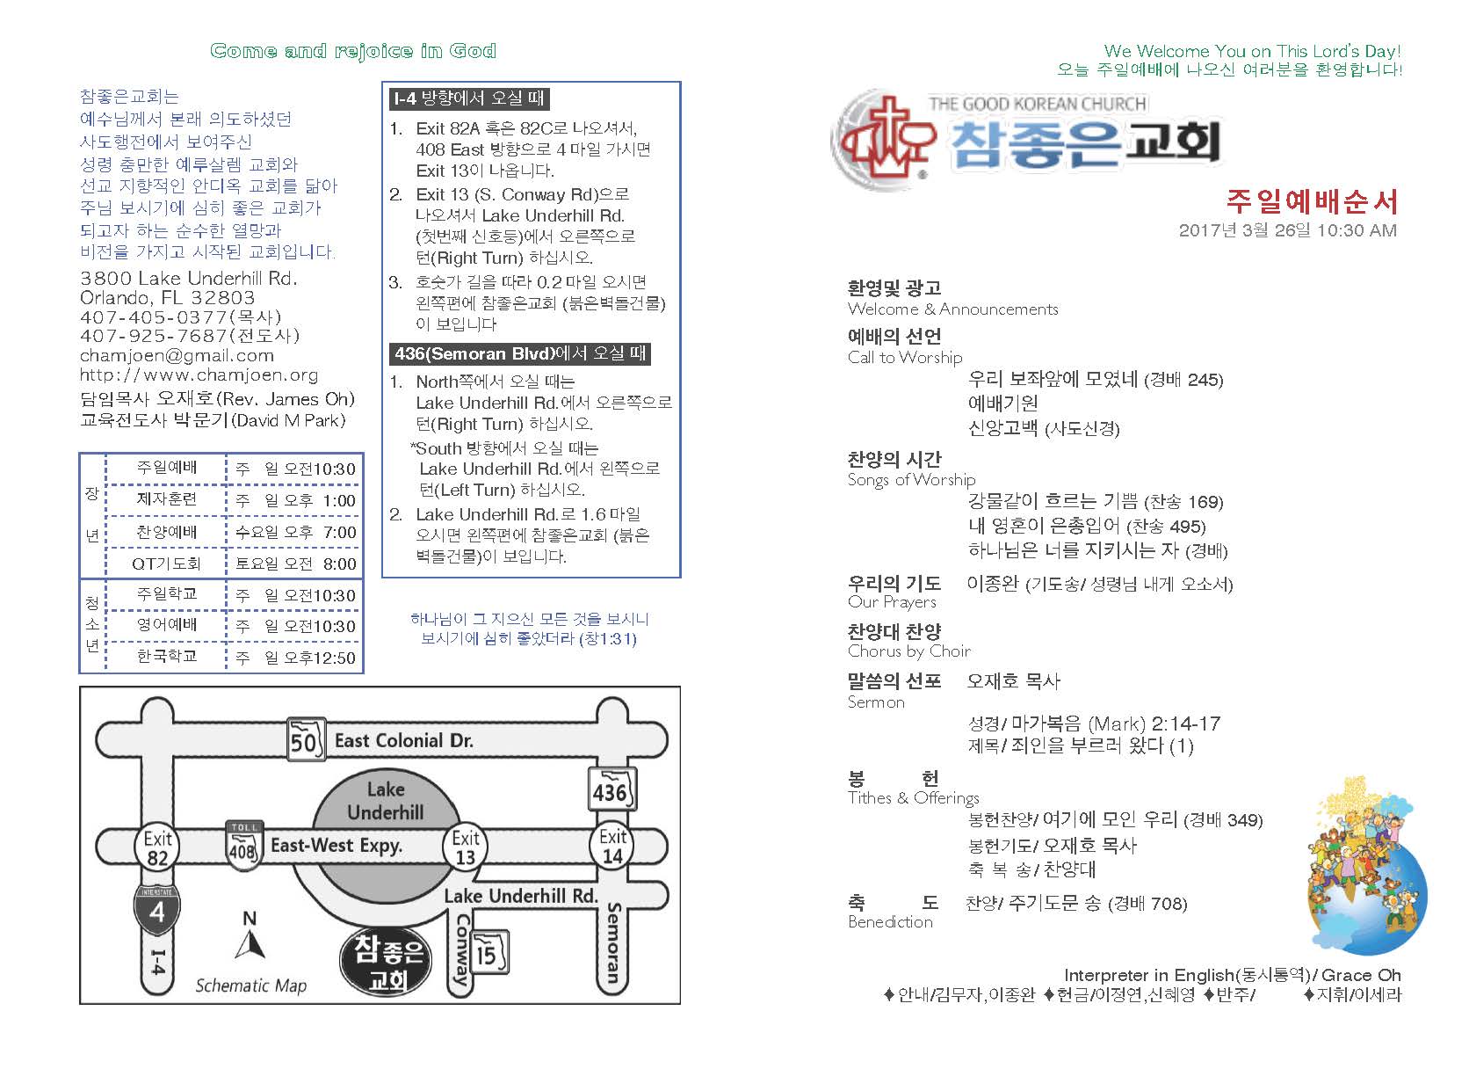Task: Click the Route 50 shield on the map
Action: click(303, 740)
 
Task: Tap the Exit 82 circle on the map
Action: click(158, 847)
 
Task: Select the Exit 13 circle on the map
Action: click(466, 847)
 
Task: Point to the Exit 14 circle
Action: click(612, 846)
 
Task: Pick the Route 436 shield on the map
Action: click(610, 789)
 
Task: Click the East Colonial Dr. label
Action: click(403, 740)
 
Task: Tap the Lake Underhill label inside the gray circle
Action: click(385, 800)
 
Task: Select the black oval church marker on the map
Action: click(387, 962)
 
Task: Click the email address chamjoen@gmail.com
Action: click(177, 356)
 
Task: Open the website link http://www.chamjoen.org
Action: click(199, 375)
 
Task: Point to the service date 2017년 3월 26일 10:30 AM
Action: click(1287, 231)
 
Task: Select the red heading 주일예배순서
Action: click(1311, 202)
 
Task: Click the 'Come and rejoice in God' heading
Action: click(353, 51)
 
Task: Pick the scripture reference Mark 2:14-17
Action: click(1093, 724)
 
